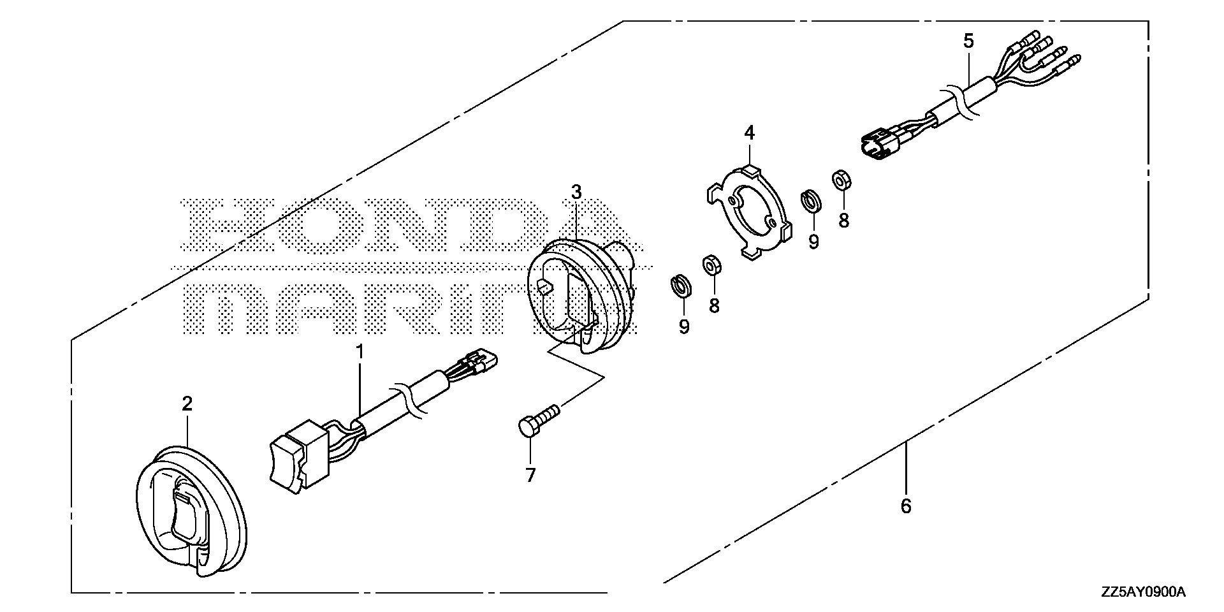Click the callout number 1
click(360, 351)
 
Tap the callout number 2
click(187, 403)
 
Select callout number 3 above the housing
click(576, 191)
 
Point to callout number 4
click(750, 133)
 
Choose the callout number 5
click(968, 41)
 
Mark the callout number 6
click(906, 506)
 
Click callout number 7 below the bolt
click(531, 475)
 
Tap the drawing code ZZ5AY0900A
click(1142, 593)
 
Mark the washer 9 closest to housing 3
click(682, 286)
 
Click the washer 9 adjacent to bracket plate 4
click(811, 200)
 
